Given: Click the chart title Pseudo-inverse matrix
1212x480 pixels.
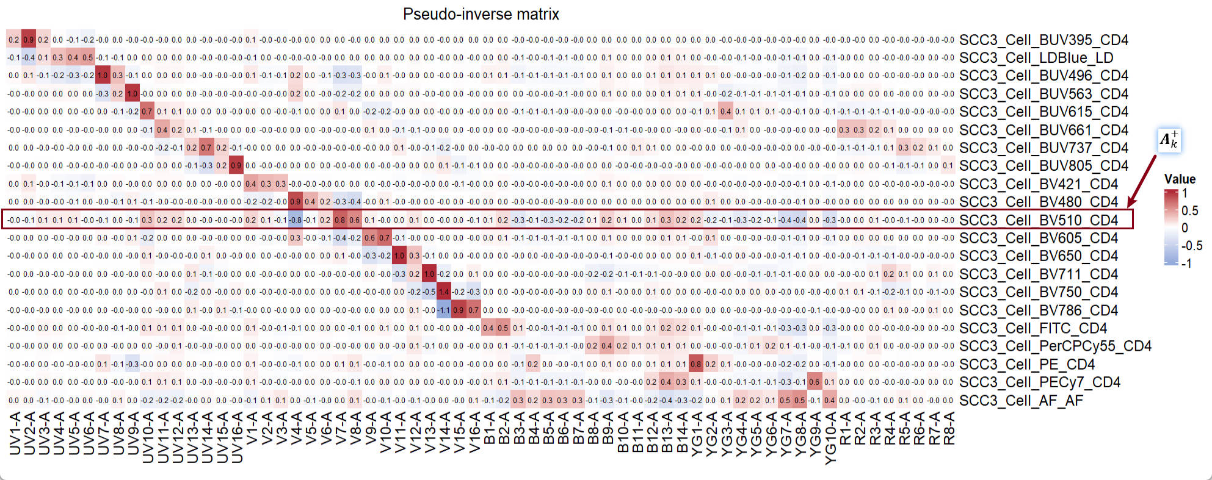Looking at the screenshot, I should pos(481,14).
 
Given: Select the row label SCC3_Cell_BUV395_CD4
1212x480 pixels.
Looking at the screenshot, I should pos(1043,40).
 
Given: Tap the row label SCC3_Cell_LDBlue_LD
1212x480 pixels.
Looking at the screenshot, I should pos(1036,58).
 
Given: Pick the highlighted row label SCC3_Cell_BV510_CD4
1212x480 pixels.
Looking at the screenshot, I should pos(1038,220).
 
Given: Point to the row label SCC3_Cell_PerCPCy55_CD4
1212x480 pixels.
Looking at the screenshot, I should pos(1055,346).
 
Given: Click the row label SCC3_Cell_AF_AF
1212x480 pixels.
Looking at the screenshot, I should pos(1021,401).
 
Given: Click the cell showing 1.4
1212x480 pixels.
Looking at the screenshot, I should pos(444,292).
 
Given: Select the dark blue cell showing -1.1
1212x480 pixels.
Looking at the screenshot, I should pos(444,310).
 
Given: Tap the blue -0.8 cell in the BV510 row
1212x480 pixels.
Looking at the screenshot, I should pos(296,220).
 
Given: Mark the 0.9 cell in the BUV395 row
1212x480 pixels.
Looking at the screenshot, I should pos(29,40).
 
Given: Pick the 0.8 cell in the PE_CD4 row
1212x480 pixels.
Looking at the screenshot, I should pos(695,365).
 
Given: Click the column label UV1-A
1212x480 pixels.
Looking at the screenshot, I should pos(15,433).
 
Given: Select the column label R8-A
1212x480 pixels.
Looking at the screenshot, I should pos(948,428).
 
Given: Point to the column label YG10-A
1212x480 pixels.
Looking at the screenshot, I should pos(830,437).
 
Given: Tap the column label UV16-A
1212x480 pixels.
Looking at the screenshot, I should pos(237,437).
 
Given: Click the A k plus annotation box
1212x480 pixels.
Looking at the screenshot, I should pos(1169,140).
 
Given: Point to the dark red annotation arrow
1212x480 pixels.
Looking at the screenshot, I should pos(1142,181).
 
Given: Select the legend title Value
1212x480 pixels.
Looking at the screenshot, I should pos(1180,179).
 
